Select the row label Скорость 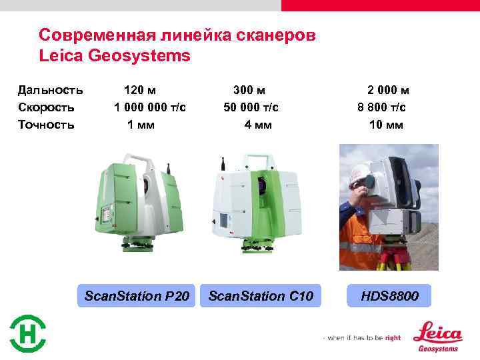coord(46,107)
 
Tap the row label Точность coord(46,125)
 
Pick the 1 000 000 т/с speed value coord(150,107)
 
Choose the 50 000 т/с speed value coord(251,107)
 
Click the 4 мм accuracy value coord(258,125)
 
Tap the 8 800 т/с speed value coord(382,107)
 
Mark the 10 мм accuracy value coord(386,125)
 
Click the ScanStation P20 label coord(137,295)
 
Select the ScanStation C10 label coord(261,295)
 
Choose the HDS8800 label coord(390,295)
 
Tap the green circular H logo coord(28,333)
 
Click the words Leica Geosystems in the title coord(115,56)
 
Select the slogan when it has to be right coord(363,338)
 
